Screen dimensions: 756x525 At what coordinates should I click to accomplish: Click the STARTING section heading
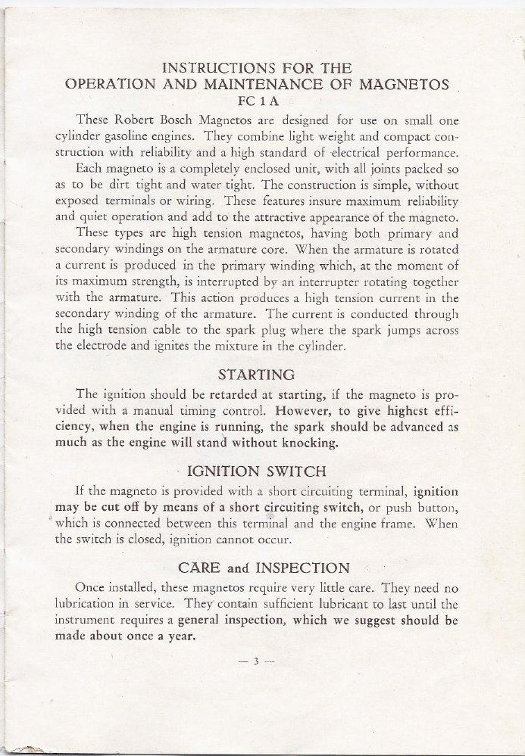tap(255, 375)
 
